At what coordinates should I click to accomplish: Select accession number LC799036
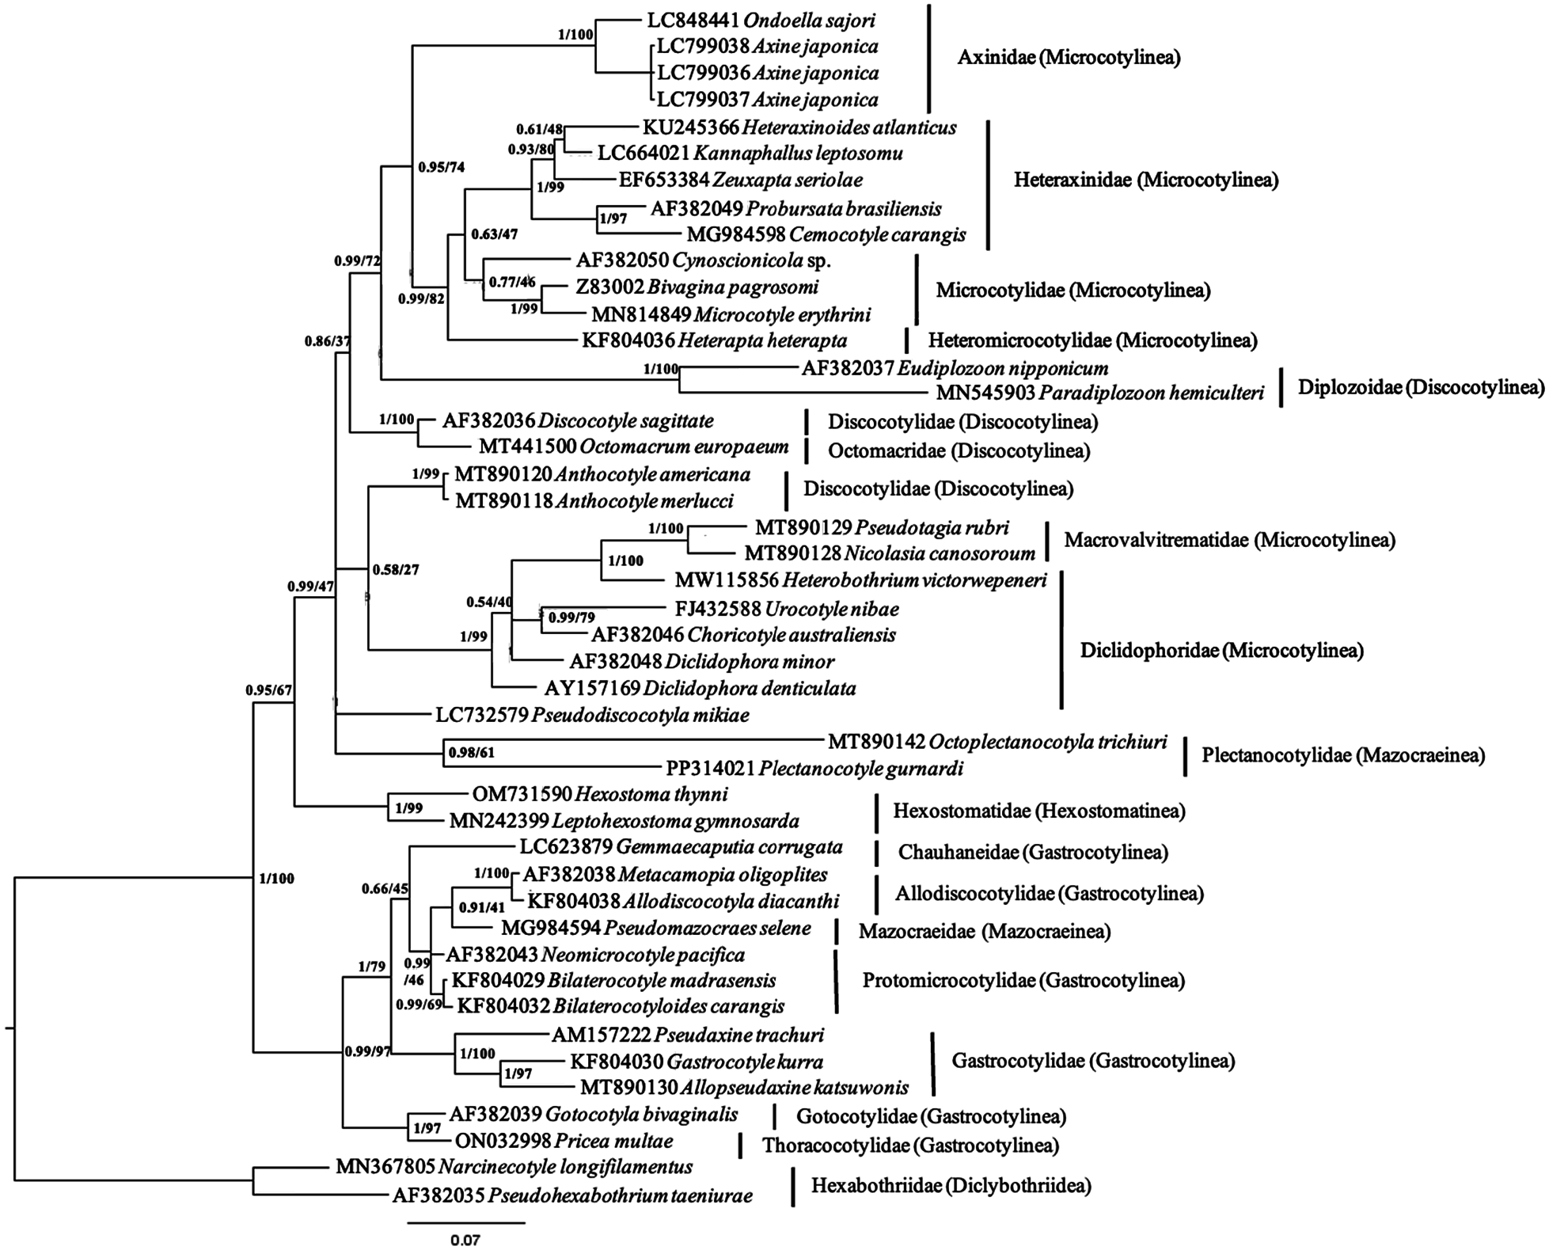click(x=702, y=73)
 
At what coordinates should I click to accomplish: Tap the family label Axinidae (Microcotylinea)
click(x=1069, y=58)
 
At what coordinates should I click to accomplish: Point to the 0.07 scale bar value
click(x=465, y=1240)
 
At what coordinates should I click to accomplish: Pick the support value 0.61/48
click(x=540, y=128)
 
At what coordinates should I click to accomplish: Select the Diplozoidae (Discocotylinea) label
click(x=1421, y=387)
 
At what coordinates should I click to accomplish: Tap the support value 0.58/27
click(x=396, y=569)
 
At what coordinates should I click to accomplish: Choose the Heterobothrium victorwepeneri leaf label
click(x=914, y=581)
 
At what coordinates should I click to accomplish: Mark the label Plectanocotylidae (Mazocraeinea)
click(x=1342, y=755)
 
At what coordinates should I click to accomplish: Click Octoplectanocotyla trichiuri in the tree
click(x=1047, y=742)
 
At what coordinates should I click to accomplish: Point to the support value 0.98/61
click(x=471, y=753)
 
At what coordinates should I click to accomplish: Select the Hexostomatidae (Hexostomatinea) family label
click(x=1038, y=811)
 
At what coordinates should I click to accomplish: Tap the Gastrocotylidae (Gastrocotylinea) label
click(x=1092, y=1061)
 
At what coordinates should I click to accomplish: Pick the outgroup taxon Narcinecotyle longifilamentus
click(x=565, y=1166)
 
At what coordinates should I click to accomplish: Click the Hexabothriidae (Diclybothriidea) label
click(x=951, y=1185)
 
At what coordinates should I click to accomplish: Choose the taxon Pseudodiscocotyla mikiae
click(x=640, y=716)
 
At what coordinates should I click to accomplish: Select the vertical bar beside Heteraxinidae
click(x=988, y=184)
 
